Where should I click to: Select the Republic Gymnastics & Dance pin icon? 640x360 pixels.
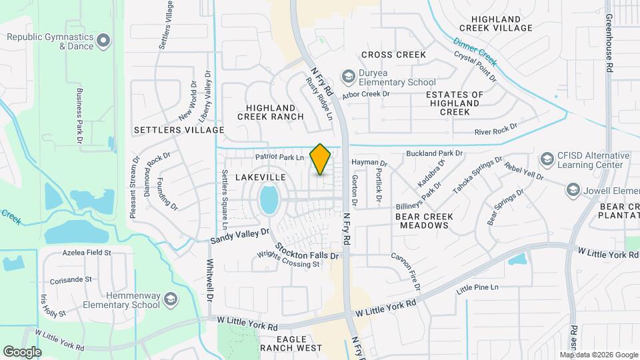tap(103, 41)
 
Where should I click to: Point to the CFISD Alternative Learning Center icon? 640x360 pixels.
tap(547, 160)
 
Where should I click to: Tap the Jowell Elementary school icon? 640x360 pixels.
tap(573, 190)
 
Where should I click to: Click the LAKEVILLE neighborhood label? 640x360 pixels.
tap(261, 177)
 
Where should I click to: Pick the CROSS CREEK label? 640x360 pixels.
tap(393, 55)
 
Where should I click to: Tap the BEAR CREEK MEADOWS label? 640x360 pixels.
tap(424, 221)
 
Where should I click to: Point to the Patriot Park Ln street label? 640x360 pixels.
tap(279, 157)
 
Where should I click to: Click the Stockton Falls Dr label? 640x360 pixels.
tap(307, 250)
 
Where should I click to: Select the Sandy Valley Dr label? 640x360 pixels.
tap(240, 235)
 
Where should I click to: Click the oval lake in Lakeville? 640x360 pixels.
tap(269, 199)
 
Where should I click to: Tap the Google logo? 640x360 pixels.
tap(22, 351)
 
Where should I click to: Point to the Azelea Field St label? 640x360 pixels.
tap(87, 253)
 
